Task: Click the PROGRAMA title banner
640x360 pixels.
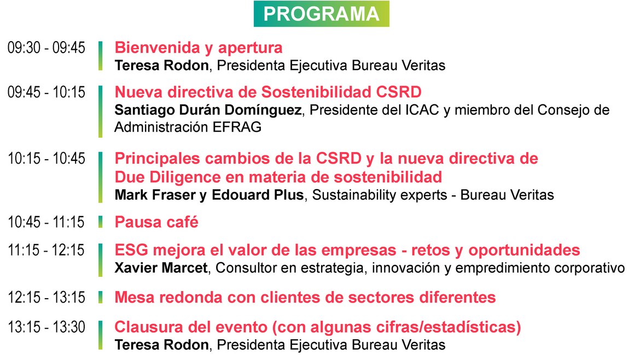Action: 321,14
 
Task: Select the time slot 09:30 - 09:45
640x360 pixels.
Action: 46,48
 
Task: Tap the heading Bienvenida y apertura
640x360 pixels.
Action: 199,48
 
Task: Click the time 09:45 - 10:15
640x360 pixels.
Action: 46,92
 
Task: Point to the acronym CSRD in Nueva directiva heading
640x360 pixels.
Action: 399,92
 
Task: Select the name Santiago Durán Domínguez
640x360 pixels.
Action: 208,110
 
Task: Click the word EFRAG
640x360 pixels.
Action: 237,127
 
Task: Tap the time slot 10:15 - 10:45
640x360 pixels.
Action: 46,158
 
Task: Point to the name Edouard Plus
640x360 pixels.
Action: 258,195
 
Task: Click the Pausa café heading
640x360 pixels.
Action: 156,222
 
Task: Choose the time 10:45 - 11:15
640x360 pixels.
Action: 46,222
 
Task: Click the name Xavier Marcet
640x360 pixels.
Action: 161,268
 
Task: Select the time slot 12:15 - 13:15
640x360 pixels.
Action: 46,297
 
